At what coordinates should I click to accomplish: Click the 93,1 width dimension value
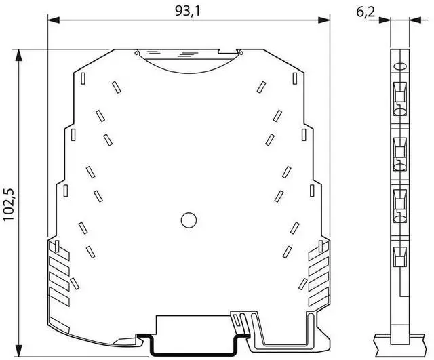click(x=187, y=11)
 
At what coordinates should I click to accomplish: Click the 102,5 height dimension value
click(x=9, y=205)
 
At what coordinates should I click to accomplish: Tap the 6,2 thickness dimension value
click(x=366, y=12)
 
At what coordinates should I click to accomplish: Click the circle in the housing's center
click(x=189, y=220)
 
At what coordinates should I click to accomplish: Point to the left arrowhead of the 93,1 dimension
click(x=54, y=20)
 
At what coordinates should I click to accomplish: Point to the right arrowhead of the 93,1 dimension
click(x=324, y=20)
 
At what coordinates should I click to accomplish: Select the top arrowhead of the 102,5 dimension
click(x=18, y=56)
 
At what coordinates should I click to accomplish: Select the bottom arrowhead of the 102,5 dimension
click(x=18, y=351)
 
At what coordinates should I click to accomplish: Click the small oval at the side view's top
click(x=400, y=66)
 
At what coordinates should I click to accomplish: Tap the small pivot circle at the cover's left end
click(x=136, y=53)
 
